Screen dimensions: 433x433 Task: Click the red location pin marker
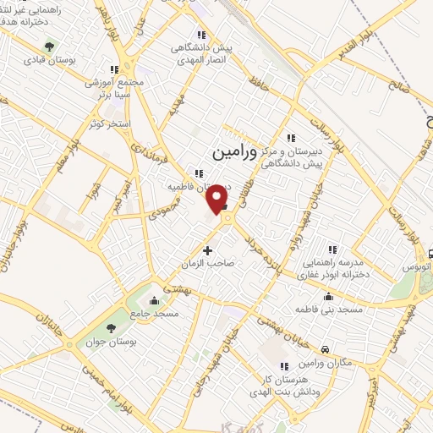click(x=218, y=197)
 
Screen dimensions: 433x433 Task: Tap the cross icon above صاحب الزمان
click(x=208, y=250)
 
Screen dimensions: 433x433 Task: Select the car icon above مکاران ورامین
click(x=326, y=348)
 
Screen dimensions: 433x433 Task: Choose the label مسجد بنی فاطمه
click(x=326, y=310)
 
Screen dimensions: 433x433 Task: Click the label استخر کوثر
click(x=110, y=124)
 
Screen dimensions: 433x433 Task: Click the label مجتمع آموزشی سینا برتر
click(x=116, y=87)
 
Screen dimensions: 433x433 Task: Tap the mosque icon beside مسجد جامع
click(x=153, y=300)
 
